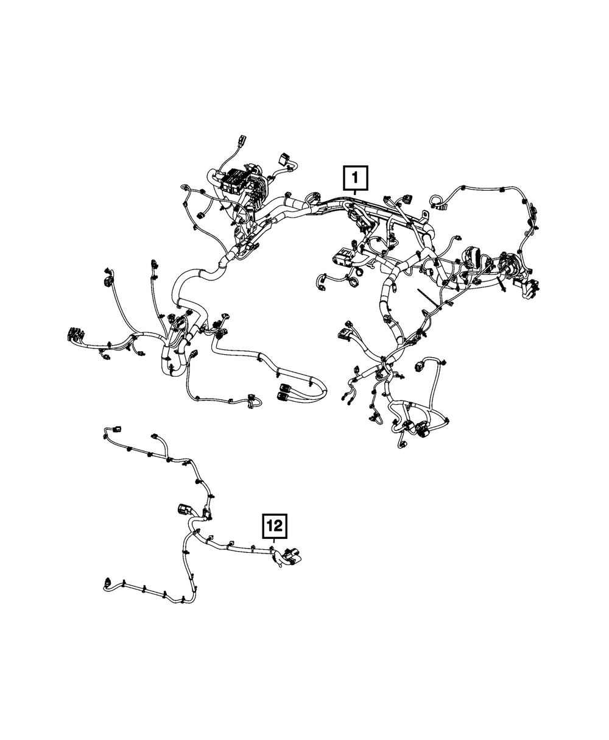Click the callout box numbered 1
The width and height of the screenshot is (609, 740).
pyautogui.click(x=355, y=177)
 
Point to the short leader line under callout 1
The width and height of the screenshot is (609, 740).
pyautogui.click(x=355, y=192)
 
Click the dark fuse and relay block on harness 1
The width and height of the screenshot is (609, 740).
pyautogui.click(x=233, y=181)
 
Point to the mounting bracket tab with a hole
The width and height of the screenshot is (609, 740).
pyautogui.click(x=425, y=216)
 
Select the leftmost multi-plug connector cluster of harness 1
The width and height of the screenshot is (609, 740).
pyautogui.click(x=75, y=334)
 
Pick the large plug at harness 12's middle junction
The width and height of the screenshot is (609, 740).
pyautogui.click(x=183, y=511)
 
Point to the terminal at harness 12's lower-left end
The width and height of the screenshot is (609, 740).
pyautogui.click(x=107, y=582)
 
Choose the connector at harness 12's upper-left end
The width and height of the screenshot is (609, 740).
pyautogui.click(x=116, y=429)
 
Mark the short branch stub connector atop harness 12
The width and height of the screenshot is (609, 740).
pyautogui.click(x=155, y=436)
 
